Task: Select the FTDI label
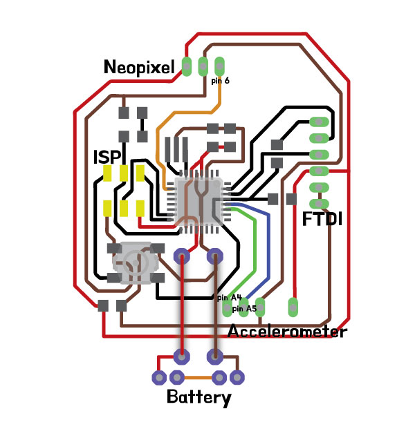coord(323,220)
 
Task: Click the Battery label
coord(199,398)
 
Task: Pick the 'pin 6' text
coord(220,81)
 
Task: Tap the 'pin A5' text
coord(244,308)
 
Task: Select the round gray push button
coord(136,263)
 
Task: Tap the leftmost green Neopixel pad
coord(187,66)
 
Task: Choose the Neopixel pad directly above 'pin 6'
coord(220,66)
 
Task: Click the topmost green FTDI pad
coord(319,121)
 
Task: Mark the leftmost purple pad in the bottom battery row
coord(159,377)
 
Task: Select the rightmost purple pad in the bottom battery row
coord(238,377)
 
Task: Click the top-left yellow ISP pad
coord(108,173)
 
